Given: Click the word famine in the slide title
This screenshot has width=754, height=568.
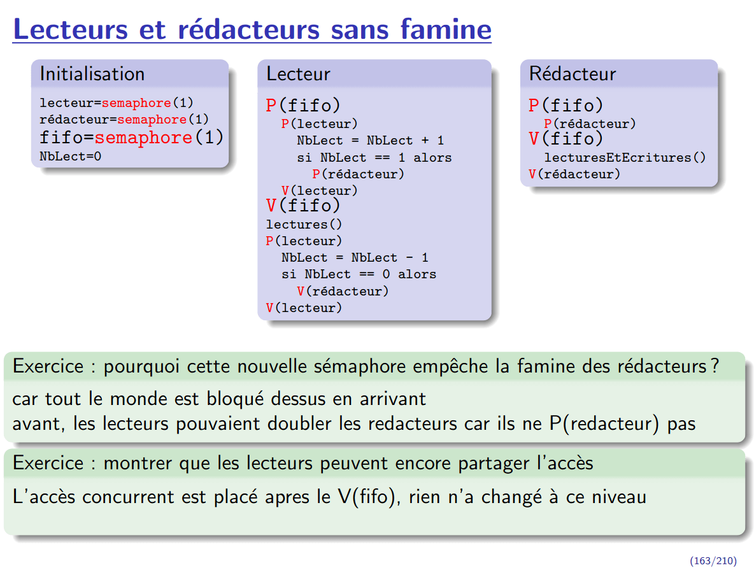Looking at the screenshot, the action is pos(446,30).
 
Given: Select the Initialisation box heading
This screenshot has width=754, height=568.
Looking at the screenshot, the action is pos(92,74).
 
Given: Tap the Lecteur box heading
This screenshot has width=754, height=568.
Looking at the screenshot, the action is pos(298,74).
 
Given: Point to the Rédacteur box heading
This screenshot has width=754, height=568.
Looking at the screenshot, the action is pos(573,74).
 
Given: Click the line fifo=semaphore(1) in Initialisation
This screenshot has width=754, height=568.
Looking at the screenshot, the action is pos(131,138).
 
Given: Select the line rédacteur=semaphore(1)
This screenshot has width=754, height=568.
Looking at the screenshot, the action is pos(124,120).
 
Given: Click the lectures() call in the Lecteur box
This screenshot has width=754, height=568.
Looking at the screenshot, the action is pos(304,224).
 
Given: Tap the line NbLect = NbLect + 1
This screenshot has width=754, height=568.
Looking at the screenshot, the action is pos(370,141).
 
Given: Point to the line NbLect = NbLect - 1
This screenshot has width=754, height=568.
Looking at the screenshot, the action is pos(355,258).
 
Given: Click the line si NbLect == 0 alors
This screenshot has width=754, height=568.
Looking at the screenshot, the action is pos(359,274).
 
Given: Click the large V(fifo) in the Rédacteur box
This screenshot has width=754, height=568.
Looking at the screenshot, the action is pos(565,139).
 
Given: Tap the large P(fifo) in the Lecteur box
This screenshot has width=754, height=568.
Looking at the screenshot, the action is pos(303,106).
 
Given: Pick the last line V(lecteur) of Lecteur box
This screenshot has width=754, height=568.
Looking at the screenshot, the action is pos(304,308).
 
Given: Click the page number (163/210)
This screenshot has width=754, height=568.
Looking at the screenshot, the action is pos(713,560).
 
